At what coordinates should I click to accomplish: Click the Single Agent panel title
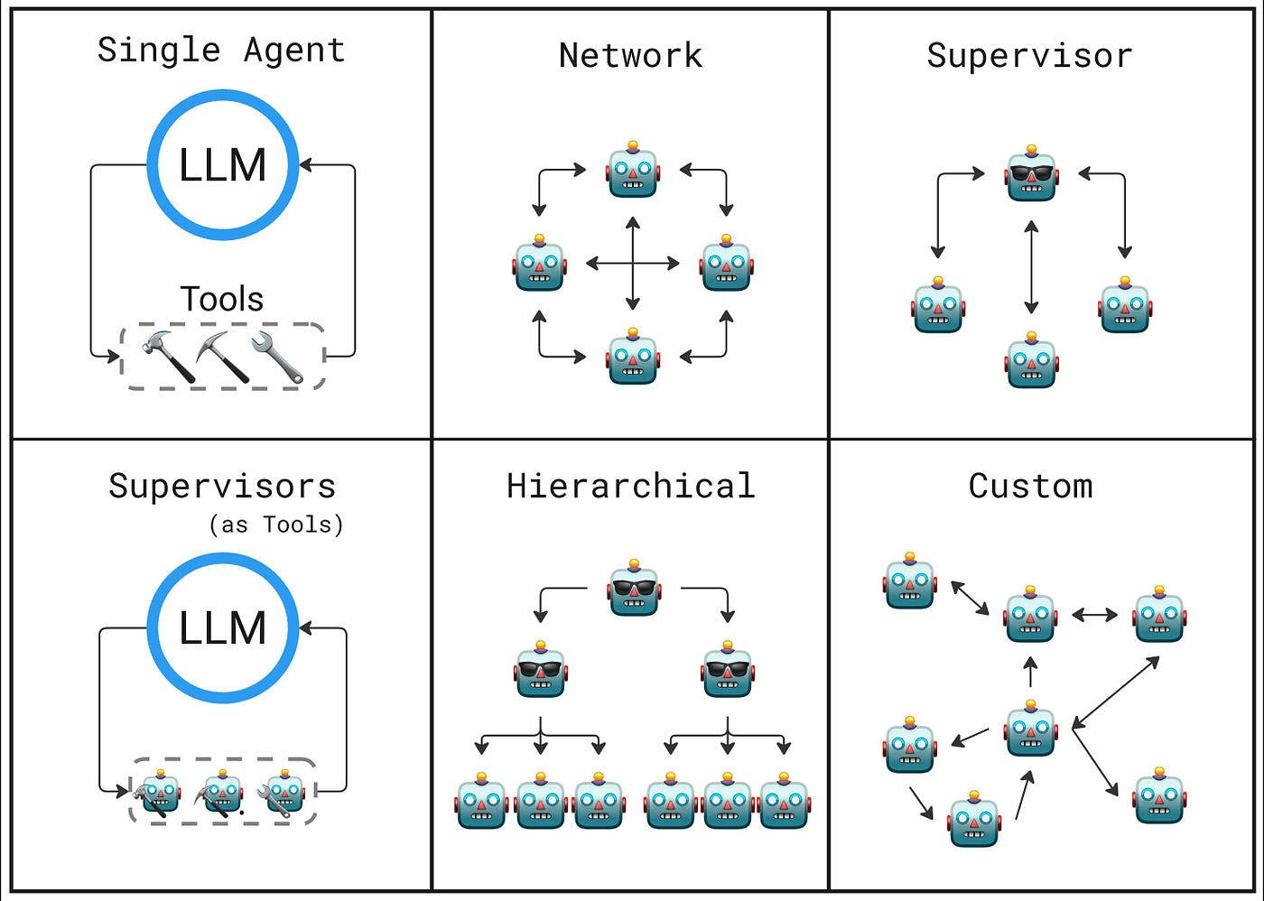click(221, 51)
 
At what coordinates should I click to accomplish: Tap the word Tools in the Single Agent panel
click(222, 299)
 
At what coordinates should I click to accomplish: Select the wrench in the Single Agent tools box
click(277, 357)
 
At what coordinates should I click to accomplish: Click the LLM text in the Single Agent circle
click(223, 165)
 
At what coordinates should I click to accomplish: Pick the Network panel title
click(630, 56)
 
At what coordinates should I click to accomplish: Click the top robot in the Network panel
click(633, 171)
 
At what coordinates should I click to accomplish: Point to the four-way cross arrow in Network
click(633, 264)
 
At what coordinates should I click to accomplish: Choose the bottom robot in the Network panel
click(633, 358)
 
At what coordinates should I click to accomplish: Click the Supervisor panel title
click(1029, 56)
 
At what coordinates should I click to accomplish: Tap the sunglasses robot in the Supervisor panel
click(1031, 174)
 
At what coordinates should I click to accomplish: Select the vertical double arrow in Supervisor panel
click(1031, 267)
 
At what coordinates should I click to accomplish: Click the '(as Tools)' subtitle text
click(276, 525)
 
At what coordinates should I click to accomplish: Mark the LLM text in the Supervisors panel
click(223, 628)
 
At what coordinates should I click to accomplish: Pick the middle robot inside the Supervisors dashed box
click(222, 793)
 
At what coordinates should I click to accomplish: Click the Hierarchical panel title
click(630, 487)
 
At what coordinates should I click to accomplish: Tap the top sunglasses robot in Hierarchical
click(634, 589)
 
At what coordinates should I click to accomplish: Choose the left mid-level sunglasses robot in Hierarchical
click(541, 671)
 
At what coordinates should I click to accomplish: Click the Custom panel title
click(1030, 487)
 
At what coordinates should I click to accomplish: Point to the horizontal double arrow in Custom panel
click(1094, 616)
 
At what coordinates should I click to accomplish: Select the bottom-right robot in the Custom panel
click(1159, 796)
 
